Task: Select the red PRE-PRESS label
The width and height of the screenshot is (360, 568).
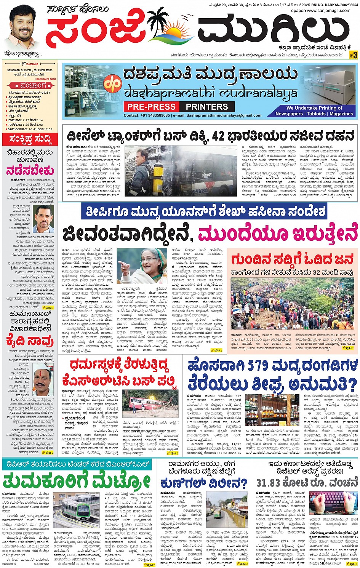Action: coord(151,107)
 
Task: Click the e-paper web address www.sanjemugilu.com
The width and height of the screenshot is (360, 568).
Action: coord(328,11)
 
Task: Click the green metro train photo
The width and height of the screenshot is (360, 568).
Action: coord(76,510)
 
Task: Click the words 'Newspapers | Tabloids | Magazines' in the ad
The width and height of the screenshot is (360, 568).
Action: coord(314,114)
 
